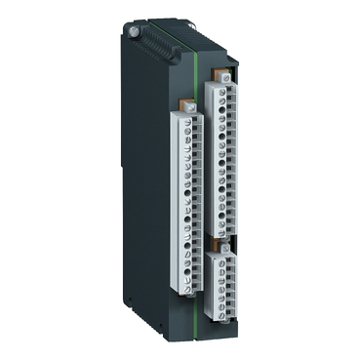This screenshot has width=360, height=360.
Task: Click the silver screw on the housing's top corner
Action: tap(133, 31)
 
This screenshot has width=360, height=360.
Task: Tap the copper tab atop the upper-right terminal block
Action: tap(224, 74)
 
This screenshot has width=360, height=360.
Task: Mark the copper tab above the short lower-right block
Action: tap(223, 241)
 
